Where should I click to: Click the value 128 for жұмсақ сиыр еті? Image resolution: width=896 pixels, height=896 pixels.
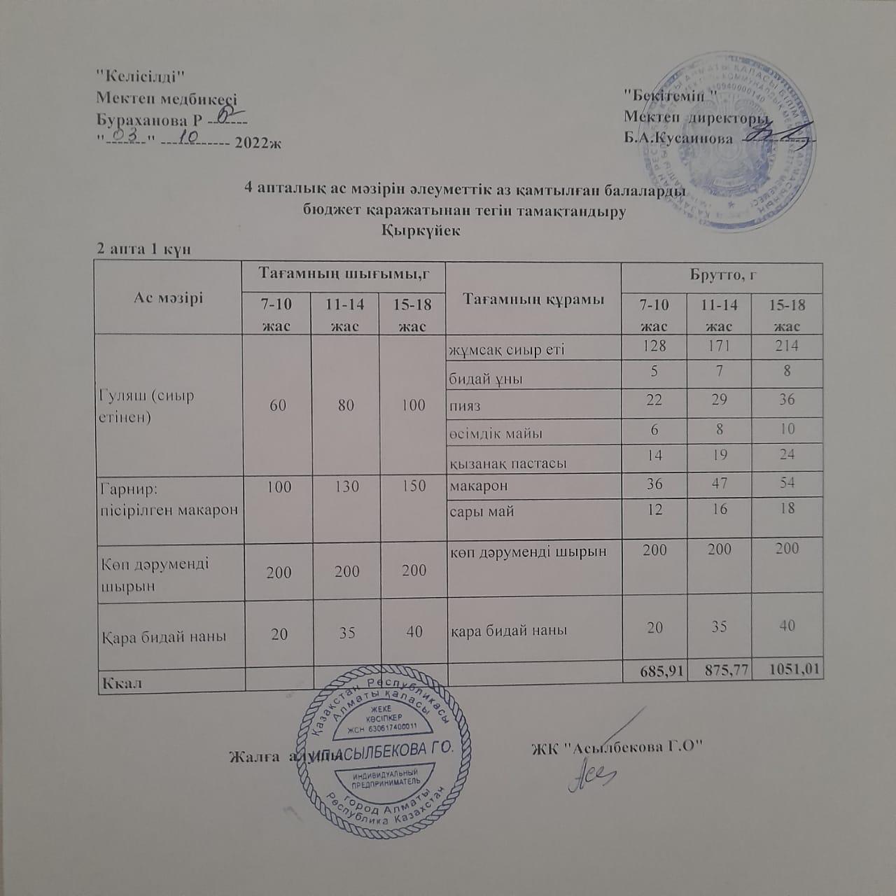[x=655, y=346]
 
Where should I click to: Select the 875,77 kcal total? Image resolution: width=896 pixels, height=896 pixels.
[x=720, y=671]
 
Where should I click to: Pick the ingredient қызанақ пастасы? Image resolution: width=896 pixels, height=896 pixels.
[x=507, y=463]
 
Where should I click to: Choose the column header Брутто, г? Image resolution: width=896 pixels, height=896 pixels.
[x=721, y=275]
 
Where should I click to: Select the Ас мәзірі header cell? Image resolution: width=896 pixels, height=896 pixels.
[x=168, y=297]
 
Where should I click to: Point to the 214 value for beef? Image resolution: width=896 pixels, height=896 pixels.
[x=787, y=346]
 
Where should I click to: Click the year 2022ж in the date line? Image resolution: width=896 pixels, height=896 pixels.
[x=258, y=142]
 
